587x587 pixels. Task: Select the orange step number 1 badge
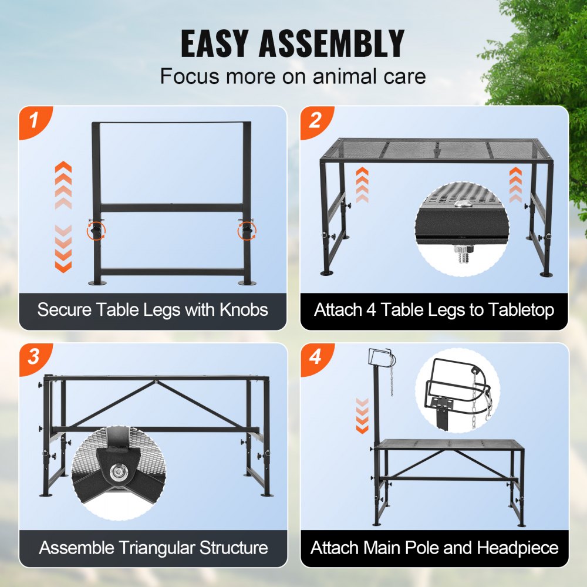point(33,122)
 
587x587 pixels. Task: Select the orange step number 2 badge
point(315,122)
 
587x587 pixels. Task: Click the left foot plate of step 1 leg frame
point(97,283)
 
